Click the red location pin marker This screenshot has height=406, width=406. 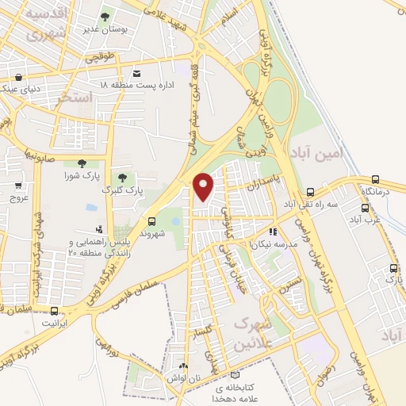204,186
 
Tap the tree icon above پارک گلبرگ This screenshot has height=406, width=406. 121,178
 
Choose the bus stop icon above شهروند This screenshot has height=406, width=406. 151,221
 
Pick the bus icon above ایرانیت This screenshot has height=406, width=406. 54,311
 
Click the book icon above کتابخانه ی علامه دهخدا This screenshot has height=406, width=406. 233,374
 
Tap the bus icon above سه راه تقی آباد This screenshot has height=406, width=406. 310,191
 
